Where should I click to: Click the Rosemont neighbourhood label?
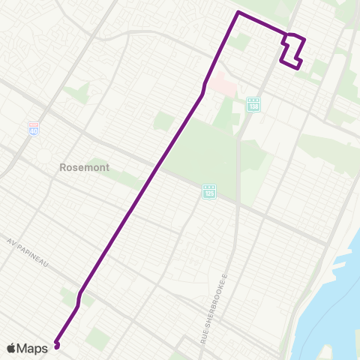coord(84,168)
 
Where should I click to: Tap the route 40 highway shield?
coord(34,129)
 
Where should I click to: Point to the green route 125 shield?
coord(209,193)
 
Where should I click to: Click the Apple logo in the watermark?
coord(13,348)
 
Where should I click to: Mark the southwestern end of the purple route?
coord(56,346)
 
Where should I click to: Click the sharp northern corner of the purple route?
coord(238,13)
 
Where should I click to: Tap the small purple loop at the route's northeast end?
coord(294,51)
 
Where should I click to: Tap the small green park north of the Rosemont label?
coord(76,94)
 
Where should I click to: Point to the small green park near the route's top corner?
coord(240,42)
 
